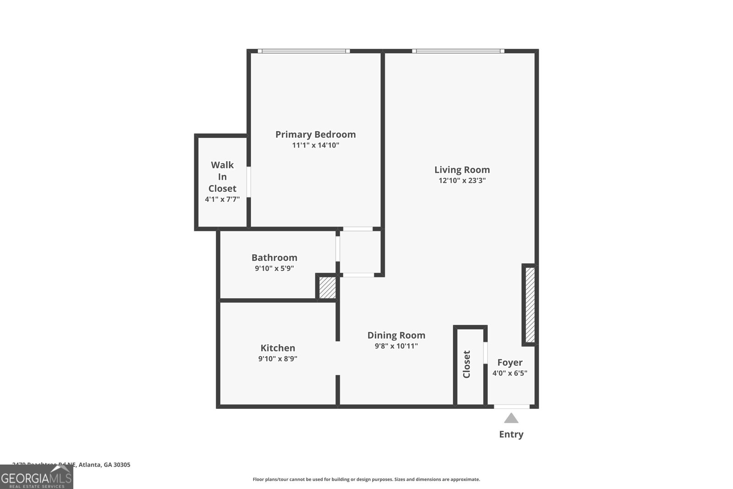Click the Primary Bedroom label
pos(315,134)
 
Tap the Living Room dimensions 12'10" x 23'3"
pos(462,181)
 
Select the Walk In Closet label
pos(222,176)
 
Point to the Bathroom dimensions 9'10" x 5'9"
pos(274,269)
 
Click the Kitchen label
pos(278,348)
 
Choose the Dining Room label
pos(396,335)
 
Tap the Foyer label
pos(509,362)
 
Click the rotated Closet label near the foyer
pos(467,364)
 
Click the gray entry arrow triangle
pos(511,418)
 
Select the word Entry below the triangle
pos(511,434)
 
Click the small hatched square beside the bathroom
pos(327,288)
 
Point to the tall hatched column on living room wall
pos(530,305)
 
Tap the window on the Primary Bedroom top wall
pos(304,51)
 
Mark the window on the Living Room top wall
pos(458,51)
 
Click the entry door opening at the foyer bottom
pos(512,406)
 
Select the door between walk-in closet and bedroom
pos(249,182)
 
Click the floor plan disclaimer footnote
pos(366,479)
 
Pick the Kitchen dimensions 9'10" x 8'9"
pos(278,359)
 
